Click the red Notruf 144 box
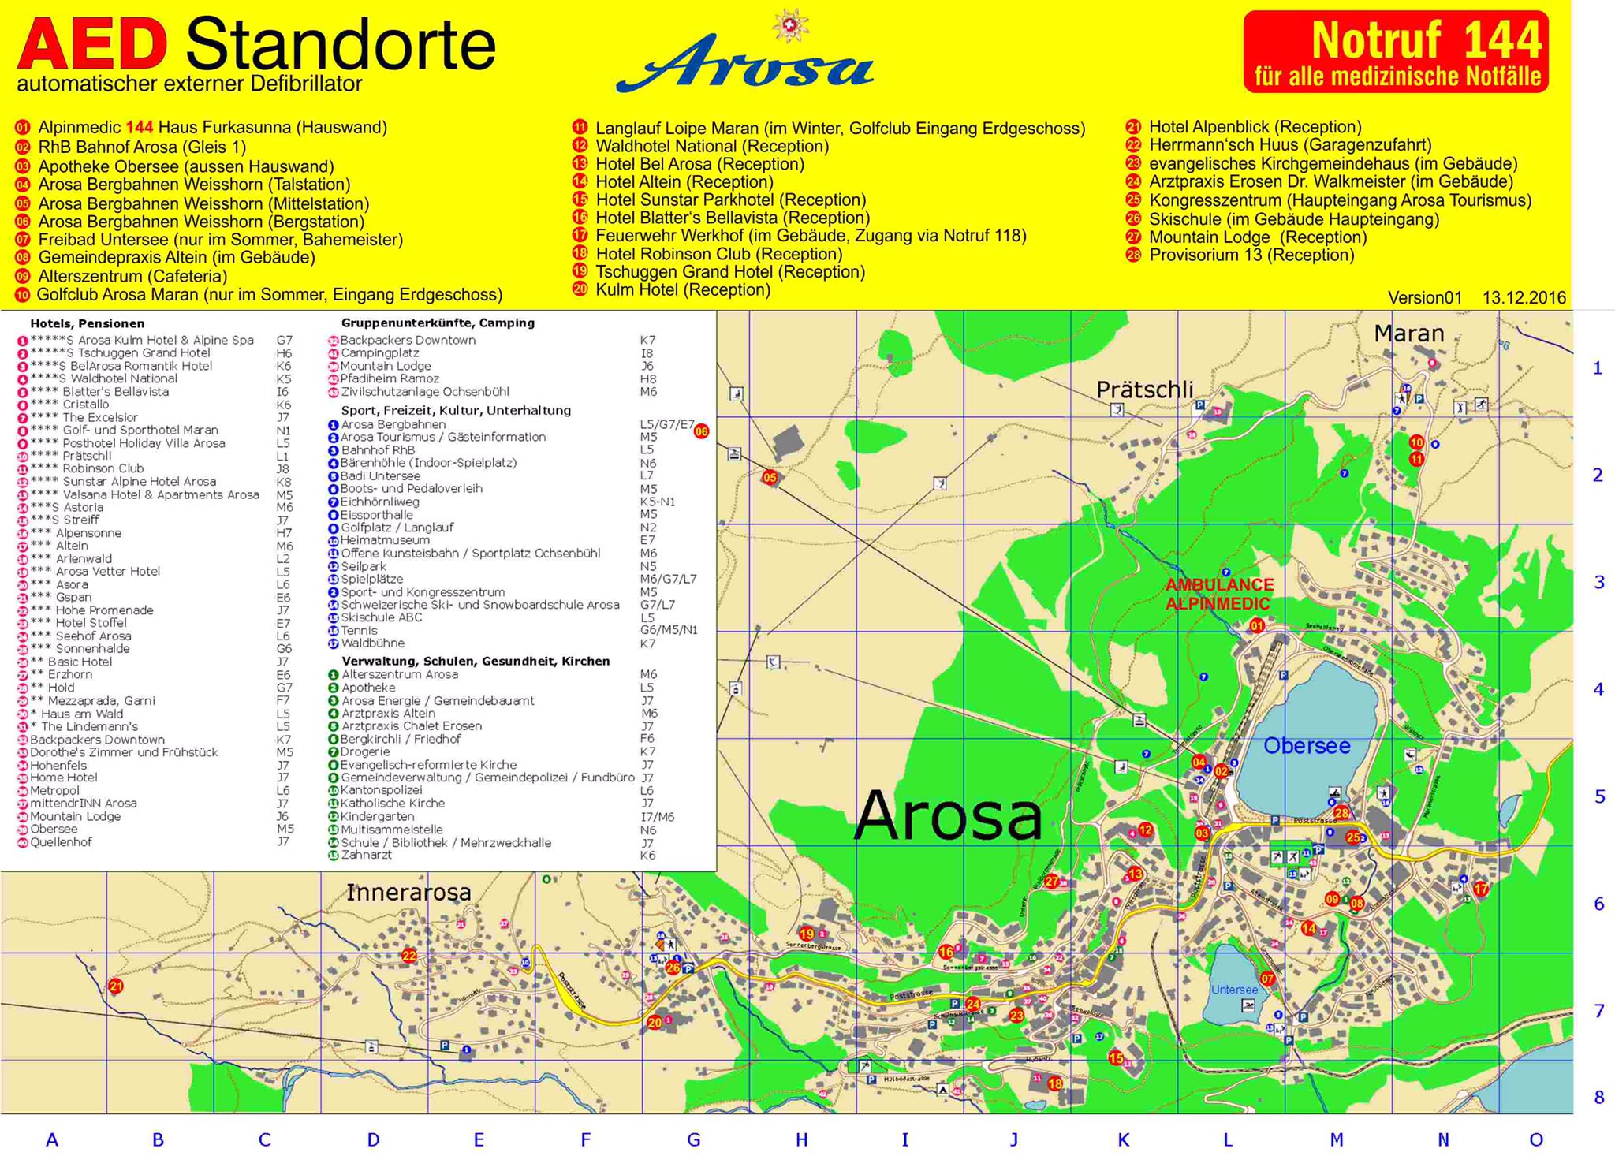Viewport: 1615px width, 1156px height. pos(1396,51)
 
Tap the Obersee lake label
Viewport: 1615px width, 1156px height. pos(1307,745)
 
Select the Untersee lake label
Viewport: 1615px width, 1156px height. pos(1234,990)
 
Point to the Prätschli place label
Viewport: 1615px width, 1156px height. pos(1144,390)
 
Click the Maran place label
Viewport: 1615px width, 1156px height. pos(1408,334)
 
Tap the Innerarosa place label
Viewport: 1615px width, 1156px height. pos(408,892)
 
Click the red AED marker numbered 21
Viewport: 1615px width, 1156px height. pos(116,986)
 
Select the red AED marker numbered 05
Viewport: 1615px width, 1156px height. pos(770,477)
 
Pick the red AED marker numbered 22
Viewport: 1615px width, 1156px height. pos(408,956)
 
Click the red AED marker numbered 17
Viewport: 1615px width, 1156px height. pos(1480,889)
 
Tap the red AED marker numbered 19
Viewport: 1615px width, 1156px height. pos(806,934)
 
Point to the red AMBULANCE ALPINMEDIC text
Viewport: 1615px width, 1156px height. pos(1218,594)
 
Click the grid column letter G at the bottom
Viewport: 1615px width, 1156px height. pos(693,1139)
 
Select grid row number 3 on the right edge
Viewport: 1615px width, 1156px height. pos(1598,583)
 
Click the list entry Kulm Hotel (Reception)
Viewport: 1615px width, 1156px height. pos(682,289)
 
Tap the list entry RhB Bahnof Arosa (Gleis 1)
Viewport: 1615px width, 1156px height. pos(142,147)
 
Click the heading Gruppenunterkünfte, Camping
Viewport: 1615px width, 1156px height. pos(438,323)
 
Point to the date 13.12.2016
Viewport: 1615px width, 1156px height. pos(1524,298)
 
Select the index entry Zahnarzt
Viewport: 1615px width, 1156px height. pos(366,855)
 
